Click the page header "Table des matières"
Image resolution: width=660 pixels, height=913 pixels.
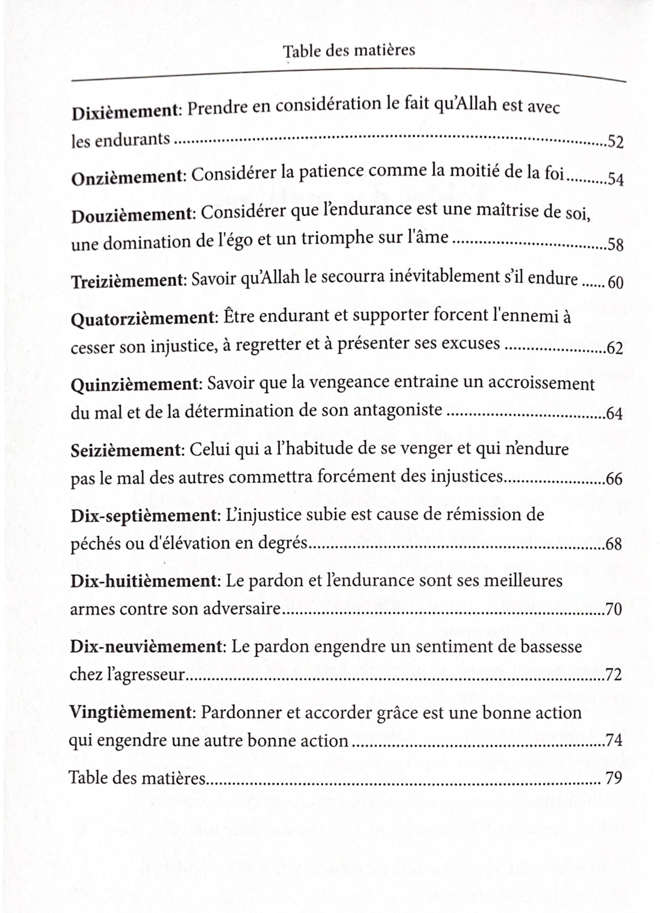(x=349, y=51)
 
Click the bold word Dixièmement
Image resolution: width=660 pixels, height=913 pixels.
(x=124, y=112)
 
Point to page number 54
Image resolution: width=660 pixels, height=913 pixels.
(x=616, y=179)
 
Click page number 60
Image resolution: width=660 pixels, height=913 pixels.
(x=615, y=282)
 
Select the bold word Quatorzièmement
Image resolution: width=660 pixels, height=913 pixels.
(x=142, y=319)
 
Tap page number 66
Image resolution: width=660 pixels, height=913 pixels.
(x=614, y=479)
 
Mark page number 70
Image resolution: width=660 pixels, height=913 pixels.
(x=614, y=610)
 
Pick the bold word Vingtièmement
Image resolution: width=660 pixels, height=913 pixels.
(x=131, y=713)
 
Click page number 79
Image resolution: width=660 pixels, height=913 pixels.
(x=614, y=778)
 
